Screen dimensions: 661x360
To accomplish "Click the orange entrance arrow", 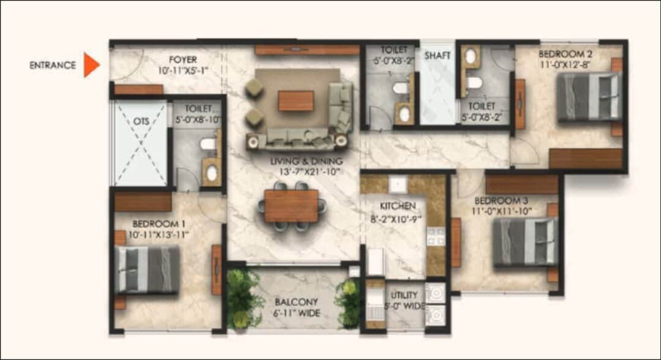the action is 91,65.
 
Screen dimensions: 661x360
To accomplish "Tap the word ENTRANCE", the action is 53,66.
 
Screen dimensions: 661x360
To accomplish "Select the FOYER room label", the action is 183,60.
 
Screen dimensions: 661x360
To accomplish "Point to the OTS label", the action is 141,121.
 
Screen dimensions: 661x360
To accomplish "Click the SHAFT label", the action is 437,56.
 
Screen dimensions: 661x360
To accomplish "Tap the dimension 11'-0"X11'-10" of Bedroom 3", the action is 502,211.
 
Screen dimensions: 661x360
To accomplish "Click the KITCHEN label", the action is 398,206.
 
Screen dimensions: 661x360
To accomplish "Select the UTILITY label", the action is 404,295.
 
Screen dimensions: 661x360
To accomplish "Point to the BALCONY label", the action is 296,302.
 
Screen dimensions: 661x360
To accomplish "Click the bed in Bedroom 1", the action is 147,270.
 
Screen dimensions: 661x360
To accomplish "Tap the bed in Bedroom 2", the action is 589,97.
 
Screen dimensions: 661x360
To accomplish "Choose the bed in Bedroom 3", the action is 525,242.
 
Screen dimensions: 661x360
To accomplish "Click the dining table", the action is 291,206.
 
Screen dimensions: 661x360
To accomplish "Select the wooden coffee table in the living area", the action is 296,101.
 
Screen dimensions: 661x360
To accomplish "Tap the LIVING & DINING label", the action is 307,161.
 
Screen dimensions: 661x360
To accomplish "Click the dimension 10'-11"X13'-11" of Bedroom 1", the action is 158,235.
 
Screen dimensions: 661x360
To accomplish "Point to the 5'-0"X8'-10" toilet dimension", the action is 198,120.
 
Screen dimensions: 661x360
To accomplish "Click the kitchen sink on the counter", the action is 397,184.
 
